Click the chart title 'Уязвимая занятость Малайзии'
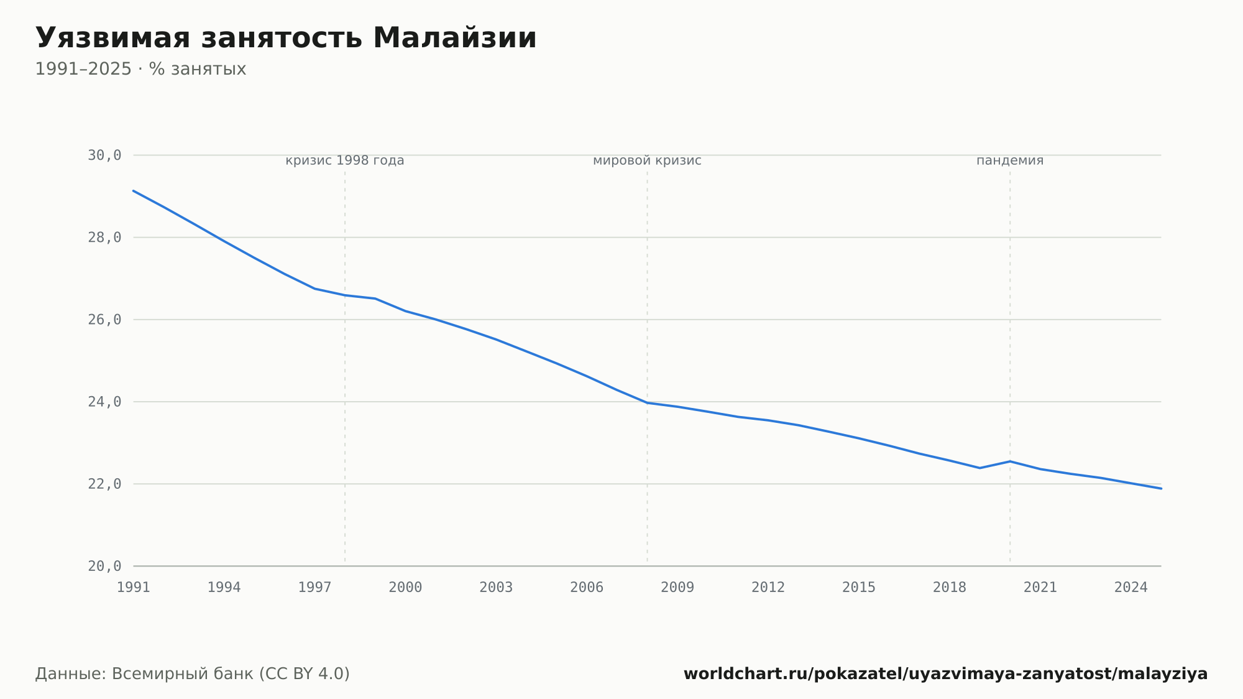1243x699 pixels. (286, 38)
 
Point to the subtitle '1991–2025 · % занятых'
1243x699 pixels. (140, 69)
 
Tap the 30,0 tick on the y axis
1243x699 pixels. (104, 155)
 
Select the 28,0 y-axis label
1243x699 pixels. (104, 238)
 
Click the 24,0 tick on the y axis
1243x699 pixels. (104, 402)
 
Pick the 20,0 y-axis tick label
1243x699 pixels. (104, 566)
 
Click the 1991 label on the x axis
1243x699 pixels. (134, 588)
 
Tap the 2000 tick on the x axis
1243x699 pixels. (405, 588)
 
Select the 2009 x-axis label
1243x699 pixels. (677, 588)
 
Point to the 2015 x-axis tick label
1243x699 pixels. (859, 588)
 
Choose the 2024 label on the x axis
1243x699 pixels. (1131, 588)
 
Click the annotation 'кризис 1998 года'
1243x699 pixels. (345, 160)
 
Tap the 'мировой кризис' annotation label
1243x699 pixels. (647, 160)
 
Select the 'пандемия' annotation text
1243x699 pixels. (1010, 160)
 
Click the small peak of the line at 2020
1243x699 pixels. (1010, 461)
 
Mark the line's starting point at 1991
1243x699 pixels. (134, 191)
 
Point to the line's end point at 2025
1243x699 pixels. (1161, 489)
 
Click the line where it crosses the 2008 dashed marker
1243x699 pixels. (647, 403)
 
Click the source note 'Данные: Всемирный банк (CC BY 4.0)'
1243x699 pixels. (193, 674)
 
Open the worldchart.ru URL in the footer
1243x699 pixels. (945, 674)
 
